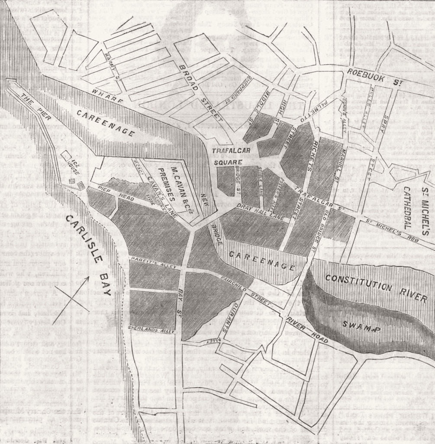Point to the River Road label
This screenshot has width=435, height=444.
click(308, 329)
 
